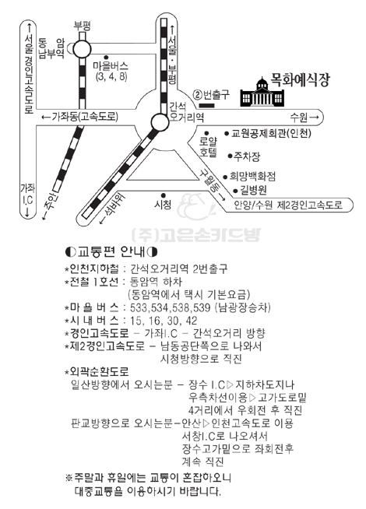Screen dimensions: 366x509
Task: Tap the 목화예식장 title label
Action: (x=300, y=80)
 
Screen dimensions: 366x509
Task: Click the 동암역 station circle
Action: (x=82, y=50)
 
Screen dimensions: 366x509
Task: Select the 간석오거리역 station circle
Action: (x=160, y=122)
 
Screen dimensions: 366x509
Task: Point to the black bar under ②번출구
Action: (x=206, y=106)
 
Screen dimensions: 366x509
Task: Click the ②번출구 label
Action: (x=211, y=95)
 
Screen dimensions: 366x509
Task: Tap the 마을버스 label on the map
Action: (x=111, y=67)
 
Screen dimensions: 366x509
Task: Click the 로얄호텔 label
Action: (x=208, y=147)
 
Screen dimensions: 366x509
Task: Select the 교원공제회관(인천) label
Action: (x=271, y=133)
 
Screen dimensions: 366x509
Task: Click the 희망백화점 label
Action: (x=252, y=177)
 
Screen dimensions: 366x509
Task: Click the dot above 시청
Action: (x=164, y=195)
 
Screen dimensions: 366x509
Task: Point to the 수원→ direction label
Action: (x=304, y=118)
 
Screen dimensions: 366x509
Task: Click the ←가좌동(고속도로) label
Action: (x=80, y=117)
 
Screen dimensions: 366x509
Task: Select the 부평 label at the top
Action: (x=82, y=26)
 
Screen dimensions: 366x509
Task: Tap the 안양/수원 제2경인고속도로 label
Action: (x=288, y=205)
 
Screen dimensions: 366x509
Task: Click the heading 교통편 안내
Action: (x=111, y=251)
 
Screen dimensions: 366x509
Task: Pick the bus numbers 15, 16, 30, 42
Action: (x=164, y=321)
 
